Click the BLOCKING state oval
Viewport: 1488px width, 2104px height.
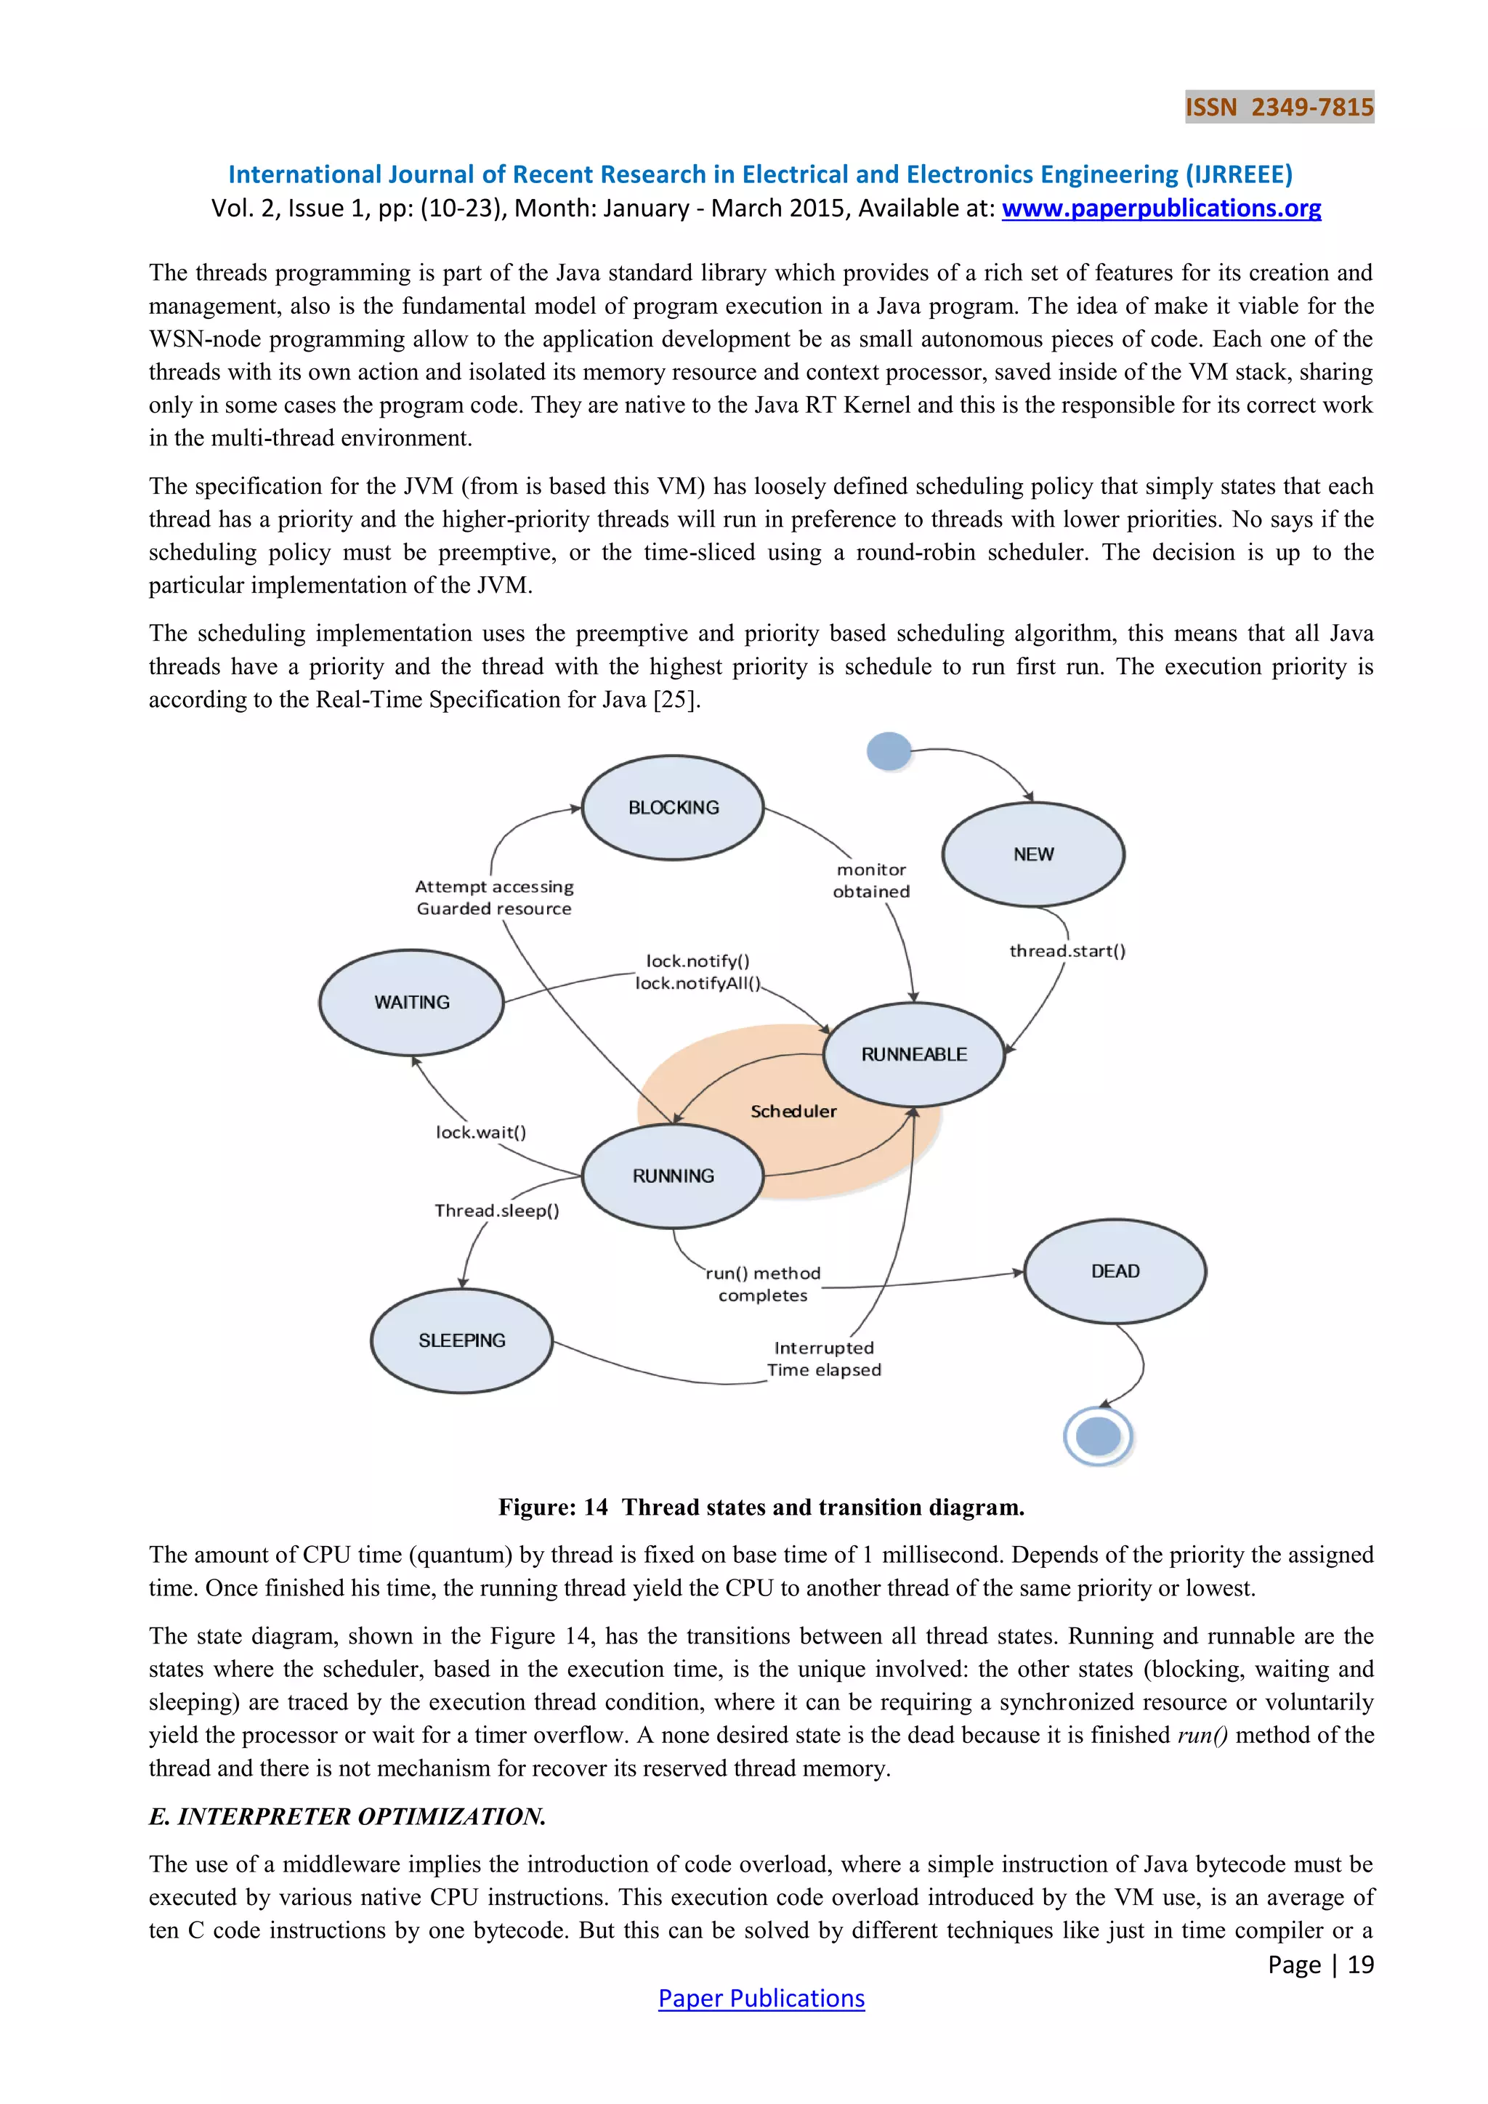tap(674, 807)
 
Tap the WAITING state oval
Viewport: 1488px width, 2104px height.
tap(411, 1003)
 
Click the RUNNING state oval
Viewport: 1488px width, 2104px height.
tap(674, 1176)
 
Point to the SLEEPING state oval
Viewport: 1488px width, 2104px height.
tap(462, 1340)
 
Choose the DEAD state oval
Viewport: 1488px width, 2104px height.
tap(1115, 1271)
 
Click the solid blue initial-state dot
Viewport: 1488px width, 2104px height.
tap(889, 751)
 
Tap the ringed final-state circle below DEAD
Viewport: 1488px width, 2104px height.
tap(1099, 1436)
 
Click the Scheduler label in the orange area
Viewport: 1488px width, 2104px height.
tap(793, 1112)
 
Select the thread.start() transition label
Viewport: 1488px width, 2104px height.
tap(1067, 951)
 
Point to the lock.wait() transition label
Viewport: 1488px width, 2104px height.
tap(481, 1133)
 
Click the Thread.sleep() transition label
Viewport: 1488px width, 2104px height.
tap(497, 1210)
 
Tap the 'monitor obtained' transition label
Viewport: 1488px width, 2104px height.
tap(871, 881)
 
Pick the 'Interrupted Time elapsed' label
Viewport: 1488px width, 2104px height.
tap(824, 1359)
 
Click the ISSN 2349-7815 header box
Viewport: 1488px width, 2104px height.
tap(1279, 108)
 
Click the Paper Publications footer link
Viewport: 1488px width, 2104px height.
tap(761, 1999)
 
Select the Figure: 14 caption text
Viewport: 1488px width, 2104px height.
tap(761, 1508)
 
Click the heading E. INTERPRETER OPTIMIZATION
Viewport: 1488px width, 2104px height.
tap(347, 1816)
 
